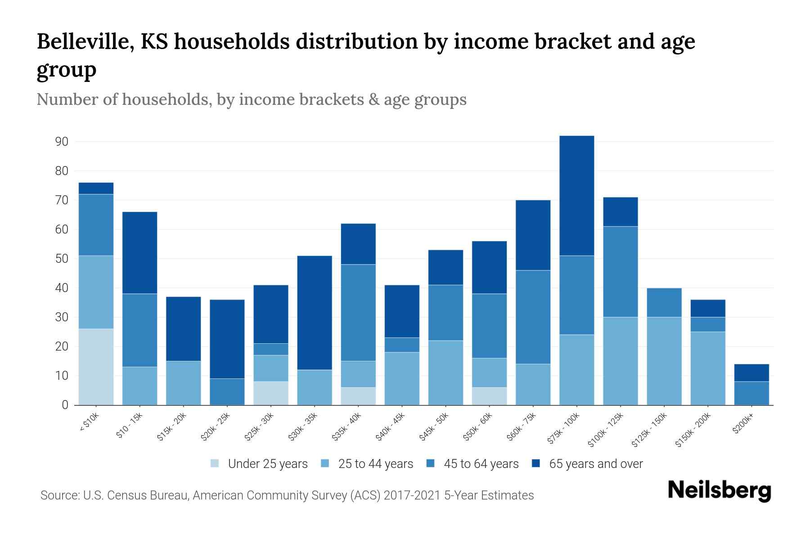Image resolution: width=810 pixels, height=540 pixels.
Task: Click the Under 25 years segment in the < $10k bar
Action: click(96, 367)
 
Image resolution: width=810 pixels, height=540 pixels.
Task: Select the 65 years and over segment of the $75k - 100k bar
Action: click(576, 196)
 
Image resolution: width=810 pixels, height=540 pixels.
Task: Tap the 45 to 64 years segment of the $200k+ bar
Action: click(751, 393)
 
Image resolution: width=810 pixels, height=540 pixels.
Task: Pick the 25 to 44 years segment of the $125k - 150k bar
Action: click(664, 361)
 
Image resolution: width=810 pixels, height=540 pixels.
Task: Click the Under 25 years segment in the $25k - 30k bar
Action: click(271, 393)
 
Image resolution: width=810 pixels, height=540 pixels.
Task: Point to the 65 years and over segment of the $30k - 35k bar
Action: click(315, 313)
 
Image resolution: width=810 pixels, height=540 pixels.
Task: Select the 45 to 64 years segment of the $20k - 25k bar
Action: click(227, 391)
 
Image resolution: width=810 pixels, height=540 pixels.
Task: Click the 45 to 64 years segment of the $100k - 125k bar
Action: click(620, 272)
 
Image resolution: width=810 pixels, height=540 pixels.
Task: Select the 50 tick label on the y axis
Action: click(62, 259)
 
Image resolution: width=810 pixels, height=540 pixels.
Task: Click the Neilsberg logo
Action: click(719, 490)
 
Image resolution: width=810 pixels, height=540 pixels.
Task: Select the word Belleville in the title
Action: click(85, 41)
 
